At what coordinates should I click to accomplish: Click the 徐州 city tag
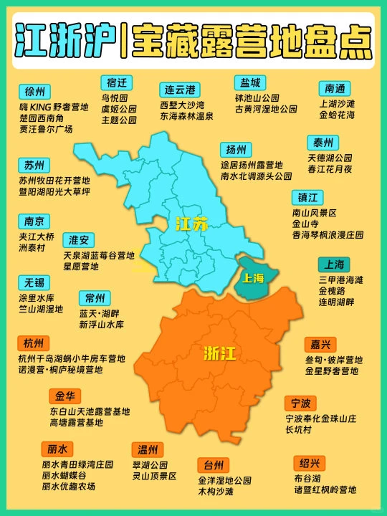[34, 92]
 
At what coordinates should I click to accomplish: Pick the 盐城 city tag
[251, 82]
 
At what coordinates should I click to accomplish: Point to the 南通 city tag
[335, 88]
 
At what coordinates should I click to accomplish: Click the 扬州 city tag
[236, 149]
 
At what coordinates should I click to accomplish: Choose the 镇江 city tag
[307, 197]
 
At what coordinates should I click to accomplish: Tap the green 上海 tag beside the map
[335, 264]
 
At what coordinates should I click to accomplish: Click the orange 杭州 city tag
[33, 343]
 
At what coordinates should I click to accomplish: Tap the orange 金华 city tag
[64, 396]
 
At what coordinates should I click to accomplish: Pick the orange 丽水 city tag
[57, 449]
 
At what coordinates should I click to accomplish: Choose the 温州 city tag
[148, 450]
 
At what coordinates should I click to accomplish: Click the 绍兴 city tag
[310, 462]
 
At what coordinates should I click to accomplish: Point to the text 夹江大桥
[37, 236]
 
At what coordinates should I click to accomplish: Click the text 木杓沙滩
[216, 492]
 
